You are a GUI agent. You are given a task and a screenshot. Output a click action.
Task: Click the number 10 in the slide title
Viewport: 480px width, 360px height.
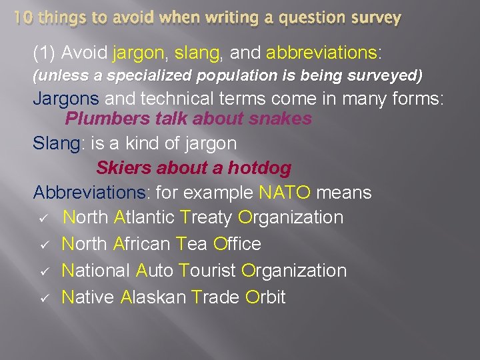tap(24, 17)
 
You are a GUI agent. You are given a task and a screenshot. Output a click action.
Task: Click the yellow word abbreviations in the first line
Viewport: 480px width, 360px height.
tap(321, 52)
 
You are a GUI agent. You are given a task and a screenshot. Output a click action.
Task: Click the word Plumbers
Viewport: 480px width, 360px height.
tap(107, 119)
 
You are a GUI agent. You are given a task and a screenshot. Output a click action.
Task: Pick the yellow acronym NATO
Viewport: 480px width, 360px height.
tap(285, 193)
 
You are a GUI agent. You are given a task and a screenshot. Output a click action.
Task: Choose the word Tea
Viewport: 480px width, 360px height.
tap(193, 244)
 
